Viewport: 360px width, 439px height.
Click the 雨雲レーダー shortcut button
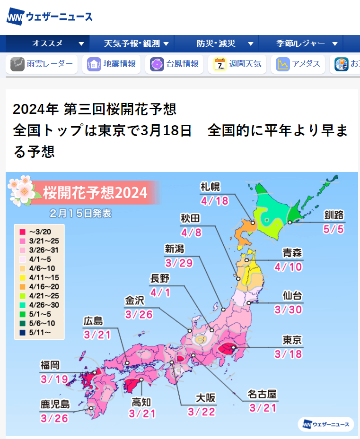point(42,64)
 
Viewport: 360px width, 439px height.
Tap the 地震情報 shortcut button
point(112,64)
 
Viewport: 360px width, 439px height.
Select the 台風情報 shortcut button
point(175,64)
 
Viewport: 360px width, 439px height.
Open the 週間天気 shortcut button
point(237,64)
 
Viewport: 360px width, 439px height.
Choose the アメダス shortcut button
point(298,64)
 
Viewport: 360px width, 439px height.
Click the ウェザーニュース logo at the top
point(50,17)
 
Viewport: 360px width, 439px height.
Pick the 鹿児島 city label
point(55,405)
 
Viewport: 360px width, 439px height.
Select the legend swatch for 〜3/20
point(22,232)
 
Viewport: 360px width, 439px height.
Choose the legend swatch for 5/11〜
point(22,332)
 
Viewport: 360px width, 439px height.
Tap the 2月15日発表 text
point(80,213)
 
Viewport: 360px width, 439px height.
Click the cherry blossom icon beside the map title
point(22,189)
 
